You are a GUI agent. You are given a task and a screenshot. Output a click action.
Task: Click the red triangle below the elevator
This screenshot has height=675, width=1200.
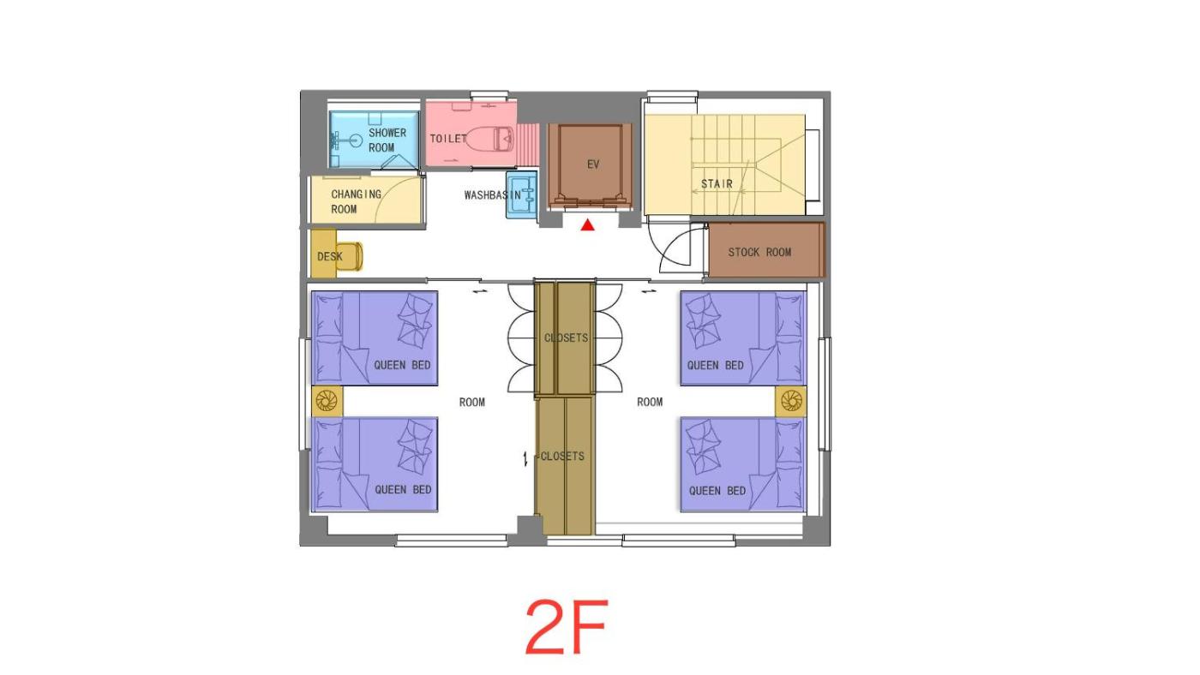pos(588,224)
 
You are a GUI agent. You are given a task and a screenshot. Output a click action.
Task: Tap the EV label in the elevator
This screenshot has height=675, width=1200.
pos(592,164)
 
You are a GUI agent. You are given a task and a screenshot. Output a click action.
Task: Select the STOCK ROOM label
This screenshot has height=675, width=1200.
pos(759,252)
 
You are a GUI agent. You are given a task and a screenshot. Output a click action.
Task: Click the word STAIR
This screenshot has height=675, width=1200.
pos(717,184)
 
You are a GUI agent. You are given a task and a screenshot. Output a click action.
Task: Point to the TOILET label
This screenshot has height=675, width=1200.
pos(448,139)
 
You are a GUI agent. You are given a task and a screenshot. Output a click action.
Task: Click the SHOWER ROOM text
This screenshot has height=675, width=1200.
pos(387,140)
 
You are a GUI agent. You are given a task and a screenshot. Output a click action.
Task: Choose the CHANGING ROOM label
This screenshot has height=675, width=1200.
pos(356,201)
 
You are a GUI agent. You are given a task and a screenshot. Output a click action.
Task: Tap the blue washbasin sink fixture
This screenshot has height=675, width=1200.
pos(521,194)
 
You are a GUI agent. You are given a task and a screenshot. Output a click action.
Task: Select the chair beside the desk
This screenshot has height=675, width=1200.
pos(350,256)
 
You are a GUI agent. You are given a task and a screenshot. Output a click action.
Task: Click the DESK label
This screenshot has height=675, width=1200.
pos(329,257)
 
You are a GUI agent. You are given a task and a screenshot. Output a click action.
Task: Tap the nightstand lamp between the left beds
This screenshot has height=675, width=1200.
pos(327,400)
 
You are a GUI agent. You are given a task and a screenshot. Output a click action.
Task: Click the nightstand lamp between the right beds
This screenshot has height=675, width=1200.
pos(790,400)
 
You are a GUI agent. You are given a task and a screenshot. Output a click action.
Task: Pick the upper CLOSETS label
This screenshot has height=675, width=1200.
pos(566,337)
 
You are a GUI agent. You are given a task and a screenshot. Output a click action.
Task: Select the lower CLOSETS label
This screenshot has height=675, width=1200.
pos(562,456)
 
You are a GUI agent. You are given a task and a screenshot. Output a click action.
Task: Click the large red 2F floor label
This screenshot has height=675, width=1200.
pos(567,627)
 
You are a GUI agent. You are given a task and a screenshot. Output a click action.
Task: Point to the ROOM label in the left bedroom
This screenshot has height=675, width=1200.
pos(471,402)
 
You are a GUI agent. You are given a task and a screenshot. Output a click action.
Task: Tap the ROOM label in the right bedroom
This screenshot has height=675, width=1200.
pos(650,402)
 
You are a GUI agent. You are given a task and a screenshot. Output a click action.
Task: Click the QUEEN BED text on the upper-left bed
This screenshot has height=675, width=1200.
pos(402,365)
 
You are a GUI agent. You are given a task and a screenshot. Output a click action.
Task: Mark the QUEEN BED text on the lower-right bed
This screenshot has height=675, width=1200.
pos(717,491)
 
